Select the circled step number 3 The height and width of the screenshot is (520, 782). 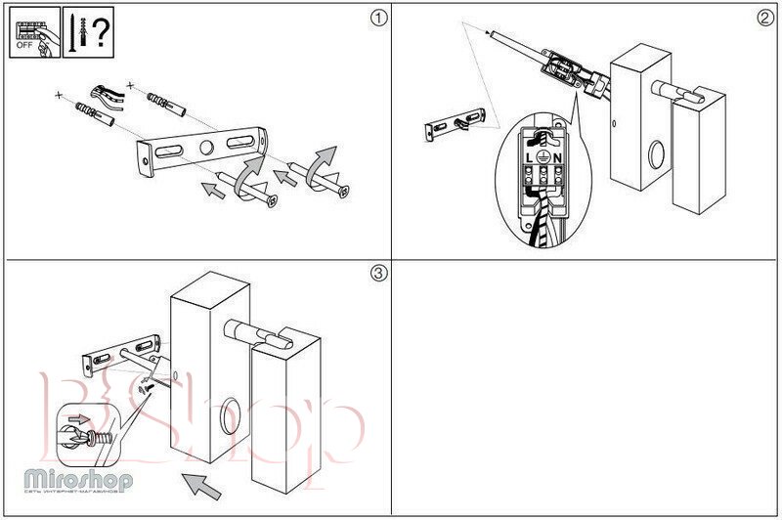point(379,274)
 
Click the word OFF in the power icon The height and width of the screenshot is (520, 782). point(22,45)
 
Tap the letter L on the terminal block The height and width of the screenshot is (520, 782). point(529,157)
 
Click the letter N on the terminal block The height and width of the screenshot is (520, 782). point(556,157)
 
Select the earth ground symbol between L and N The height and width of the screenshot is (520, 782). point(543,157)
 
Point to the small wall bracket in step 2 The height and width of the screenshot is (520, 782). point(453,126)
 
